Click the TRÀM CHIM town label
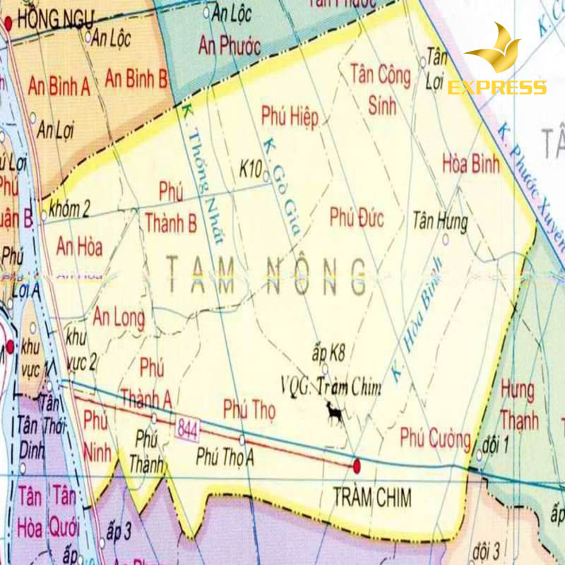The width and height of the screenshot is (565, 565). pyautogui.click(x=371, y=496)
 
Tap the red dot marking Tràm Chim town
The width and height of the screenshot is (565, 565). pyautogui.click(x=357, y=465)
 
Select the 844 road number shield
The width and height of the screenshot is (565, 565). pyautogui.click(x=188, y=428)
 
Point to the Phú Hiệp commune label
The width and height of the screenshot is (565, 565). pyautogui.click(x=290, y=116)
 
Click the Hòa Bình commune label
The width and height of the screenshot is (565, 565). pyautogui.click(x=470, y=164)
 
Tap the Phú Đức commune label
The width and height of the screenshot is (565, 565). pyautogui.click(x=357, y=218)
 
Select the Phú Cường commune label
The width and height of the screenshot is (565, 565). pyautogui.click(x=435, y=438)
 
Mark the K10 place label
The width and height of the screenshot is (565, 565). pyautogui.click(x=251, y=169)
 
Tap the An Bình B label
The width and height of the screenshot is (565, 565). pyautogui.click(x=136, y=79)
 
